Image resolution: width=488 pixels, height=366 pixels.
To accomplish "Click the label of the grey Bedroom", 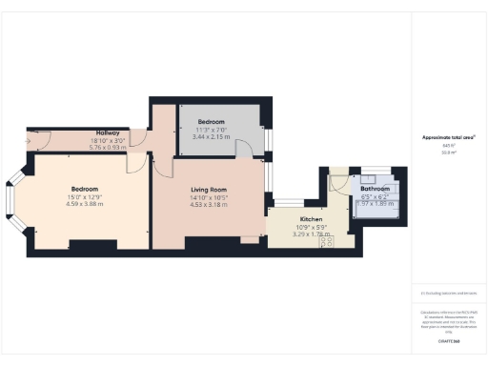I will (x=212, y=123).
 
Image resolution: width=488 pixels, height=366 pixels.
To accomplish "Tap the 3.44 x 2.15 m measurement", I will (x=212, y=138).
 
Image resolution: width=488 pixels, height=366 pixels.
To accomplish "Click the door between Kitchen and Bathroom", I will (x=335, y=183).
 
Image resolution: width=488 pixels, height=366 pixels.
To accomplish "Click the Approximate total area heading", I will (x=448, y=138).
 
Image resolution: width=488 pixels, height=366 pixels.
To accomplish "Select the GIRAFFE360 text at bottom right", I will (x=448, y=340).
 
